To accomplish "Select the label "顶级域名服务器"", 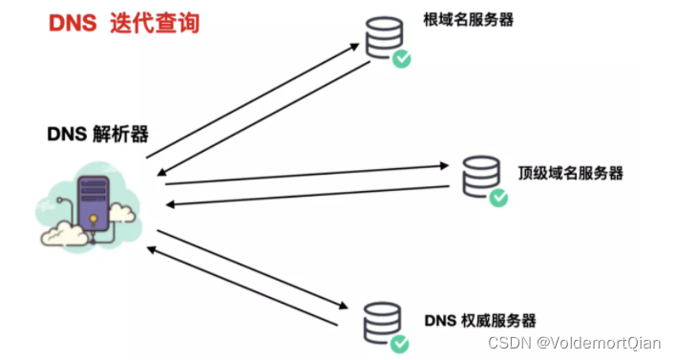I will point(571,173).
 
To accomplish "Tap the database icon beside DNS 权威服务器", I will point(379,323).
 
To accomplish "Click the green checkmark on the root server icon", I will point(402,60).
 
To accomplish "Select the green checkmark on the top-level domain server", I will point(498,198).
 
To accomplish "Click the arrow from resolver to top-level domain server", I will point(306,175).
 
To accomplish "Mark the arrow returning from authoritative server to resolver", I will point(239,286).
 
